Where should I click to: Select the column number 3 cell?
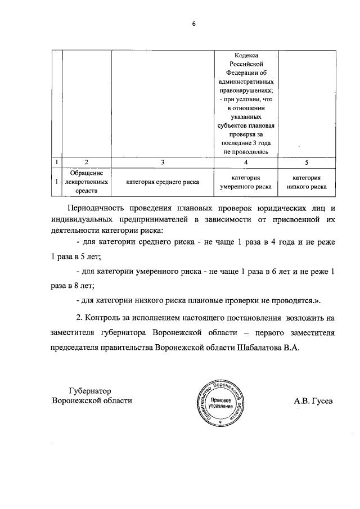point(162,162)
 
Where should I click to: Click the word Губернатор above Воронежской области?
point(91,390)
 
